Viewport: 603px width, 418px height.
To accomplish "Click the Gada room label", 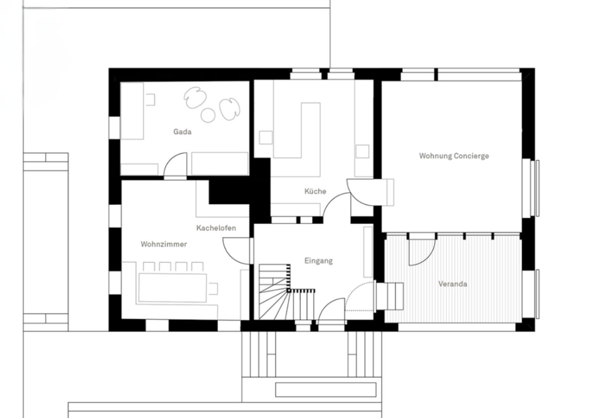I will (182, 132).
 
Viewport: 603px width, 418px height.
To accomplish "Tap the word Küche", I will (315, 191).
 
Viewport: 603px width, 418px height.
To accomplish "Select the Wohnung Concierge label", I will (454, 156).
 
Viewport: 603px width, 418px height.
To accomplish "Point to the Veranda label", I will (452, 284).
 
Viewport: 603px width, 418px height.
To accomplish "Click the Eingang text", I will (318, 261).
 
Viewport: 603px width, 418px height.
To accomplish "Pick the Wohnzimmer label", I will (164, 244).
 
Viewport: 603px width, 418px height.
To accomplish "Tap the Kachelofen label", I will (216, 228).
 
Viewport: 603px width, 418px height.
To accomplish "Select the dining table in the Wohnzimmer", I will (173, 287).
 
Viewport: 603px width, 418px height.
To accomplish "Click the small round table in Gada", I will (208, 115).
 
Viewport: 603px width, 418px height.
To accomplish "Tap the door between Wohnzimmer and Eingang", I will (237, 251).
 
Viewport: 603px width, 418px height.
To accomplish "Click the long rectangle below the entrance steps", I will (325, 390).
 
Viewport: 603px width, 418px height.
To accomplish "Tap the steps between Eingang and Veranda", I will (389, 296).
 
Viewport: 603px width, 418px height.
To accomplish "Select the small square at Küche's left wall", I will (265, 137).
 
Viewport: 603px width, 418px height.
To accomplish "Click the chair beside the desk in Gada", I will (150, 99).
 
